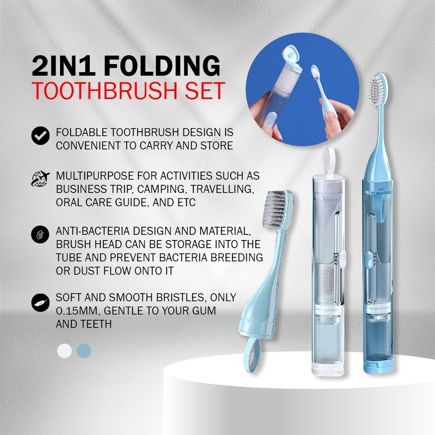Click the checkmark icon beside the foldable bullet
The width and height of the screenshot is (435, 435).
tap(40, 136)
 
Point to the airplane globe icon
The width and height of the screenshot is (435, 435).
tap(40, 178)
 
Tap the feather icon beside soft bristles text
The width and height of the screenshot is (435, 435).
tap(40, 303)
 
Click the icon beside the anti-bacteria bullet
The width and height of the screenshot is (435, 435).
tap(40, 234)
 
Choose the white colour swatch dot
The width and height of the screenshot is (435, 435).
tap(65, 350)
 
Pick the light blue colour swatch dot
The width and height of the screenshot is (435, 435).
tap(84, 350)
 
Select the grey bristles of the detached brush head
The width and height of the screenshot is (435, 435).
tap(277, 210)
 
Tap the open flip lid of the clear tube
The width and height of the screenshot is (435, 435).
tap(329, 161)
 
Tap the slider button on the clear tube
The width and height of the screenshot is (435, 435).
tap(342, 257)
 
